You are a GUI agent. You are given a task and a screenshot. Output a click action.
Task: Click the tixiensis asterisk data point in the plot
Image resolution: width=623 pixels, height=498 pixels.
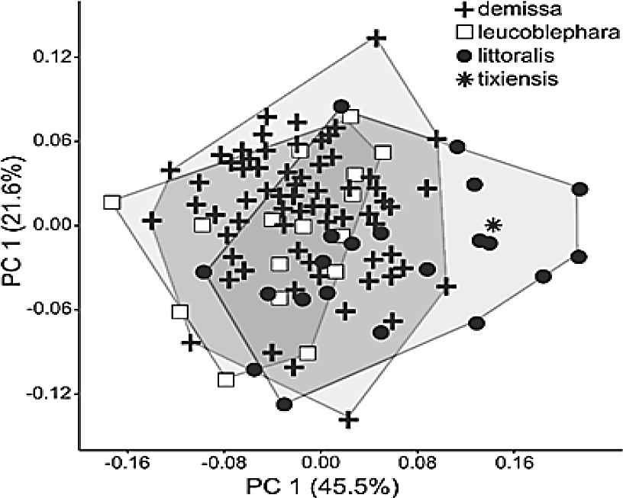[493, 225]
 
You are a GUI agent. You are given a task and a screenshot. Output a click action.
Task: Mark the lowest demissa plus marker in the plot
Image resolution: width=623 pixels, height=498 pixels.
[349, 419]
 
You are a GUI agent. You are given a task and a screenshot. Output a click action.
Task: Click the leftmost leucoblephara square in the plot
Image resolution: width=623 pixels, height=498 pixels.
[112, 202]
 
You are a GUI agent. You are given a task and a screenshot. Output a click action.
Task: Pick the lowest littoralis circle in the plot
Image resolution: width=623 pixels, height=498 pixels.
[284, 403]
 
